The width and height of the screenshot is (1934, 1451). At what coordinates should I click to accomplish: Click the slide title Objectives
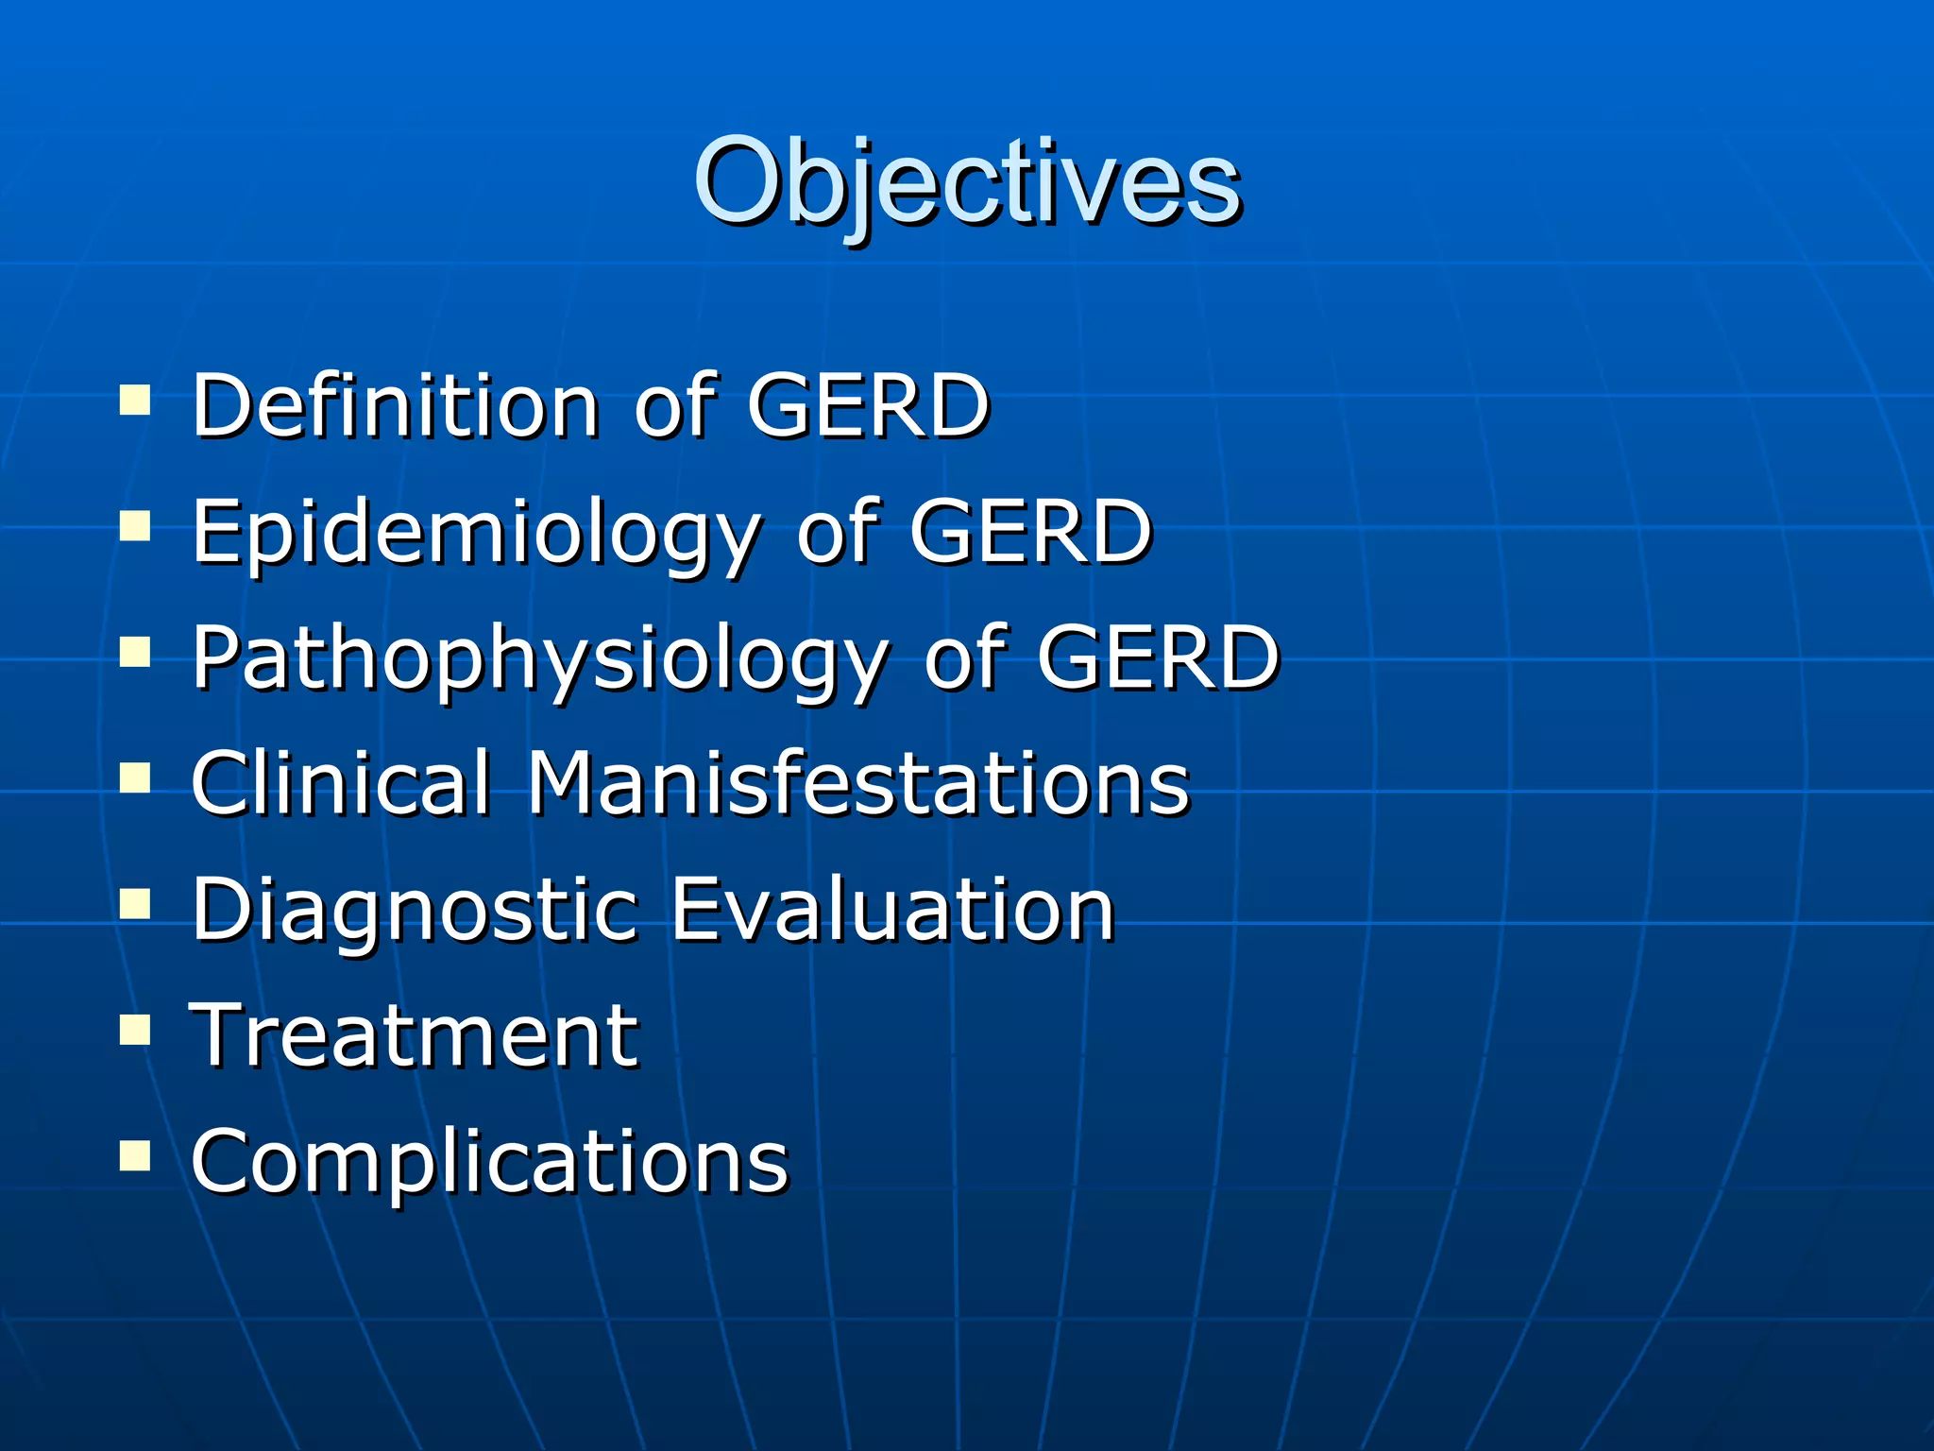tap(967, 181)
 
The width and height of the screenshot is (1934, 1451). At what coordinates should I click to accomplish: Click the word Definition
tap(396, 405)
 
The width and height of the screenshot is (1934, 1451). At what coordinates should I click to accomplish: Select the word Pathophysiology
tap(539, 658)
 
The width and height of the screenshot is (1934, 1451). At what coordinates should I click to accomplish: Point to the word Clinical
tap(341, 783)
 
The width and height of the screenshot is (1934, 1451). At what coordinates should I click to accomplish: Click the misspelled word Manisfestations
tap(857, 783)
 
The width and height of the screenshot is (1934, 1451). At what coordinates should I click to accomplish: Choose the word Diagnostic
tap(415, 910)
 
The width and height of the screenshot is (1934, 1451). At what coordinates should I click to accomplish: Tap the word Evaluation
tap(893, 910)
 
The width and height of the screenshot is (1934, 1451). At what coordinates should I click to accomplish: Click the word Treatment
tap(415, 1035)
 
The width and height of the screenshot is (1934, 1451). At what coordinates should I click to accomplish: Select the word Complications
tap(489, 1161)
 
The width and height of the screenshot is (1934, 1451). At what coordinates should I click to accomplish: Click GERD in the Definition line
tap(868, 405)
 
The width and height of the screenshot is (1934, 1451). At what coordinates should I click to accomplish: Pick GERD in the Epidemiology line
tap(1030, 532)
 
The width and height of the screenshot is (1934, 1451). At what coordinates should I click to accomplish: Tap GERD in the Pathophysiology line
tap(1158, 658)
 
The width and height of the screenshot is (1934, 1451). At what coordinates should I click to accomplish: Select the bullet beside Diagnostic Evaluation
tap(136, 904)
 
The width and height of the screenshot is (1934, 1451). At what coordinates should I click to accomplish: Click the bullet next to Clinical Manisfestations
tap(136, 778)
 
